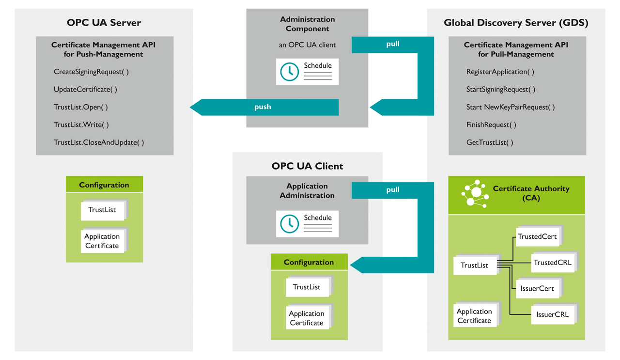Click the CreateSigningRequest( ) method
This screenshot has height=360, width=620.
(91, 72)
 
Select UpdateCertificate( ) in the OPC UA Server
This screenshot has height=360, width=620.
(85, 90)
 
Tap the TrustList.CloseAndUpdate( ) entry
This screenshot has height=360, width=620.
(99, 142)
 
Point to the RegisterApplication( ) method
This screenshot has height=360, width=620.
(500, 72)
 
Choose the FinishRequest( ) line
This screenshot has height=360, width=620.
(491, 125)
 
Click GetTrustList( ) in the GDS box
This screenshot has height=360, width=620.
(490, 142)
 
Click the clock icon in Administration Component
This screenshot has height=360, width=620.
(290, 72)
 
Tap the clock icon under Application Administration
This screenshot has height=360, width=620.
(290, 224)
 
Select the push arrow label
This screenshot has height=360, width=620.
(263, 107)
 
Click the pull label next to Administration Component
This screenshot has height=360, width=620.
(393, 44)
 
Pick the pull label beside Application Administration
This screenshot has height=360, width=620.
(393, 190)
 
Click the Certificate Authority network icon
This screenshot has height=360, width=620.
(475, 194)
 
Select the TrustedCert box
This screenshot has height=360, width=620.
(537, 236)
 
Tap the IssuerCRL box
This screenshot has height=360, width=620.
(552, 314)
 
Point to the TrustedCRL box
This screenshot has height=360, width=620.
(552, 263)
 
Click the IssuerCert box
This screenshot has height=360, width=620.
(537, 289)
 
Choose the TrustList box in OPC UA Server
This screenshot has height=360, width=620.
(102, 210)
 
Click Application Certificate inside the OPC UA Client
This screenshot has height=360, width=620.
(306, 318)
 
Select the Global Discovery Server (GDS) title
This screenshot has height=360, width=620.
(516, 23)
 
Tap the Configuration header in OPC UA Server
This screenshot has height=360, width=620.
(104, 185)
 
